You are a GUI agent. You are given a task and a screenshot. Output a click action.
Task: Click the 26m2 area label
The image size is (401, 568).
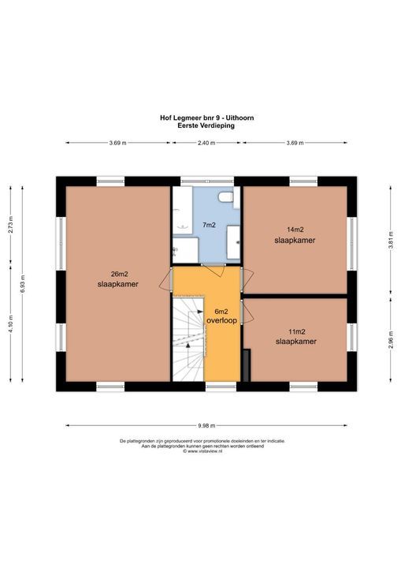pos(119,274)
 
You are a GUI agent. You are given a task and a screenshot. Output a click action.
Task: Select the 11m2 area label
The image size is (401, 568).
pos(296,331)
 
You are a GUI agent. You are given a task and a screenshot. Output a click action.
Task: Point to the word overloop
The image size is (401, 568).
pos(221,320)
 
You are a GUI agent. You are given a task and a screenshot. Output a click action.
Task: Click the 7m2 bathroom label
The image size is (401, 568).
pos(209,225)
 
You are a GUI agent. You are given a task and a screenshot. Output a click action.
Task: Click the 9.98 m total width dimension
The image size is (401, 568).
pos(206,425)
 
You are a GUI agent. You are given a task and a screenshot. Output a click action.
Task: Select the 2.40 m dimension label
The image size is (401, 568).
pos(206,143)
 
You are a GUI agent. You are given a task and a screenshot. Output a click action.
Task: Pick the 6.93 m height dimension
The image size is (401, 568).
pos(22,284)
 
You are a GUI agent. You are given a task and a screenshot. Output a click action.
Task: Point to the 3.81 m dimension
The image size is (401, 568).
pos(391,240)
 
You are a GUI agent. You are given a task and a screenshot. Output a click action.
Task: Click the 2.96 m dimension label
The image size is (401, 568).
pos(391,340)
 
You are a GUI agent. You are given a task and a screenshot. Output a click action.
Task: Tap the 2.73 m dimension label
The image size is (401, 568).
pos(10,225)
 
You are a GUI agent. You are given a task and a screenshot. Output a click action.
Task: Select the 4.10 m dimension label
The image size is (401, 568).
pos(10,324)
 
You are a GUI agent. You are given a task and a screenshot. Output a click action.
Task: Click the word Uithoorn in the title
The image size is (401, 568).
pos(240,118)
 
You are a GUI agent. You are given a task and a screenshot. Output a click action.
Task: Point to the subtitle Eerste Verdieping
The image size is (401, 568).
pos(206,125)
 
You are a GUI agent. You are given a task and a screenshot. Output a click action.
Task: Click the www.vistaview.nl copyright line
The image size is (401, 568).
pos(202,451)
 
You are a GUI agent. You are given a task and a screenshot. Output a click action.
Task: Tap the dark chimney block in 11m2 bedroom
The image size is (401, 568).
pos(246,365)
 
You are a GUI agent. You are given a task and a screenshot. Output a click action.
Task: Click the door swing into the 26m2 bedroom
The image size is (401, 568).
pos(165,279)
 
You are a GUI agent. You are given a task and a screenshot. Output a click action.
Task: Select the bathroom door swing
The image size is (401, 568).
pos(213,271)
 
